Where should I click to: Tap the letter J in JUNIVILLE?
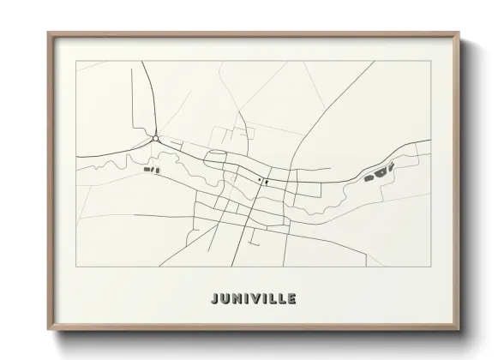click(x=214, y=299)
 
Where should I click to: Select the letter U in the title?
click(x=225, y=299)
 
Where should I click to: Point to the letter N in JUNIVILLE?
click(x=237, y=299)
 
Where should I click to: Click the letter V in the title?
click(x=255, y=299)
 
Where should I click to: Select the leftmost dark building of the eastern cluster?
click(x=369, y=178)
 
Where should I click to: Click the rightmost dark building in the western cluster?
click(x=157, y=171)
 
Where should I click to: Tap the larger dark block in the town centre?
click(x=267, y=182)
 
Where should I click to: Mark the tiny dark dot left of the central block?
click(x=259, y=180)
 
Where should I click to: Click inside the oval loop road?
click(x=216, y=157)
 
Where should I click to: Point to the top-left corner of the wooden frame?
click(x=49, y=33)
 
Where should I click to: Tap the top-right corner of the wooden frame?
click(x=461, y=33)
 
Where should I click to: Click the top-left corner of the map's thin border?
click(x=76, y=61)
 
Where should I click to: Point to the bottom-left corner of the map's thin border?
click(x=76, y=266)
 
